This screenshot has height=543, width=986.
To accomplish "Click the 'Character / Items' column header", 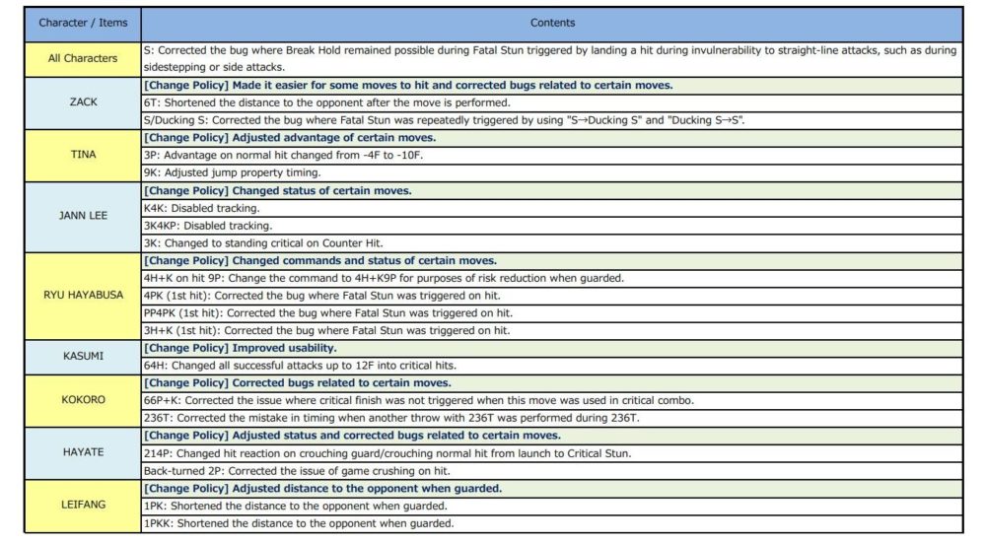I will [83, 23].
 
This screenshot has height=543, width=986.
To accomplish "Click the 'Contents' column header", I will [552, 23].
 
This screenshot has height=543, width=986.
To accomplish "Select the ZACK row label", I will [83, 102].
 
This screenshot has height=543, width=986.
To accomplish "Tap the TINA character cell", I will [83, 155].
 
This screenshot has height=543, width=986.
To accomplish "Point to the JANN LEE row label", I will [83, 216].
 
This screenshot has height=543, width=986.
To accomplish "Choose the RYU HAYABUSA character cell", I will [83, 295].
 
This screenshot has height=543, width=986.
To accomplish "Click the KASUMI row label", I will [83, 356].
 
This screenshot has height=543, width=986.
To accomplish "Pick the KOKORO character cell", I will [83, 400].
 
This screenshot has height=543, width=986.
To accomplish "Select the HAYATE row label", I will [83, 452].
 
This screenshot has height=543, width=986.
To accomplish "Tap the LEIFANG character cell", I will [83, 505].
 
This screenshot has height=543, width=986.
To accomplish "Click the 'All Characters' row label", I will [83, 58].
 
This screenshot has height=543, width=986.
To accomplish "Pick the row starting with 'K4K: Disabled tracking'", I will [208, 208].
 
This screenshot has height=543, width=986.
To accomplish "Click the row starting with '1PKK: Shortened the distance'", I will [295, 523].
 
